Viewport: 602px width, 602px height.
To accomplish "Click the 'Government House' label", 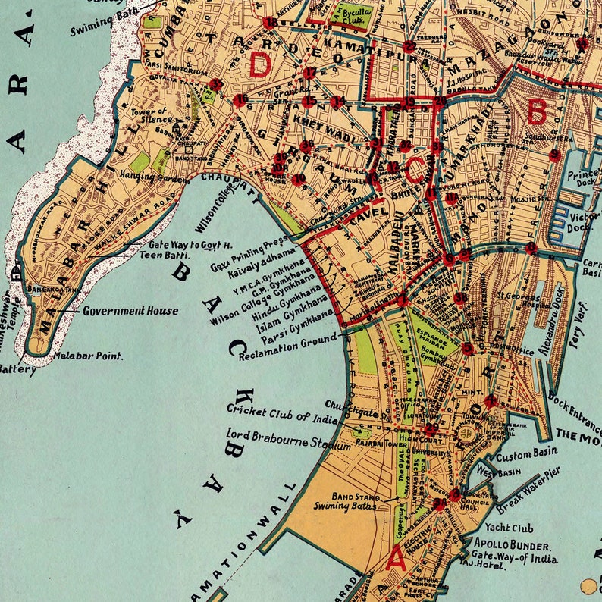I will coord(130,311).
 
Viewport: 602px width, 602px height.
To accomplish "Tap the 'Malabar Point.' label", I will coord(88,354).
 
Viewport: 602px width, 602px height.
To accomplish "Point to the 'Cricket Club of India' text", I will coord(280,414).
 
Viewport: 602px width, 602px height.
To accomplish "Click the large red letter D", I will coord(259,64).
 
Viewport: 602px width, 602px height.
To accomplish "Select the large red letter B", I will coord(537,113).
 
